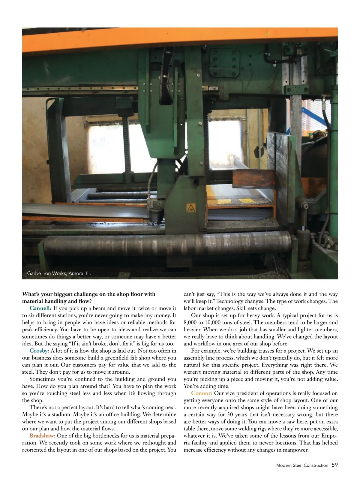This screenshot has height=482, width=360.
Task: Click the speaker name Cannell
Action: [x=40, y=308]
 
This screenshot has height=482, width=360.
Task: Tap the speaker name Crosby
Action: [x=39, y=351]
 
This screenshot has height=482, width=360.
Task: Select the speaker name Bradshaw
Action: [x=42, y=436]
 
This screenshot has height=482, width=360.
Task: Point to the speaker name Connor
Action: [x=202, y=393]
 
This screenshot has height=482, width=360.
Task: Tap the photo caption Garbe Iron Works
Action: [x=59, y=273]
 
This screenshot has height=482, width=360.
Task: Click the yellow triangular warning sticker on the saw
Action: [x=190, y=207]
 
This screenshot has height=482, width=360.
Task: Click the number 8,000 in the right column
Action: [x=190, y=323]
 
